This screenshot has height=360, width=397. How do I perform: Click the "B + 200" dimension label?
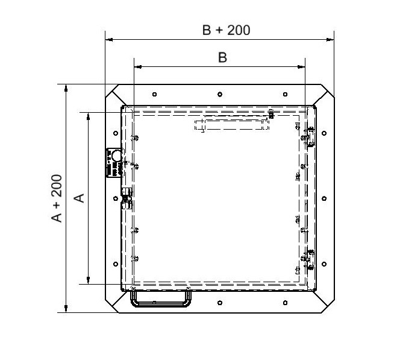pos(226,30)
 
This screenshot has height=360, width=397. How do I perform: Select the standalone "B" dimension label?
pos(222,57)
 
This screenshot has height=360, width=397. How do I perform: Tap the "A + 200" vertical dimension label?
pos(57,198)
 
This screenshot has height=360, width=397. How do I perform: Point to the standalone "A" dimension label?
pos(80,198)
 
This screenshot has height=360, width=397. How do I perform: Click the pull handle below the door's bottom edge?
pos(160,303)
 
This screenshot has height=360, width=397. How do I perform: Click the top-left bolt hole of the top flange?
pos(154,94)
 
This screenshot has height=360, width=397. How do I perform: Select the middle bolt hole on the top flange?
pos(220,94)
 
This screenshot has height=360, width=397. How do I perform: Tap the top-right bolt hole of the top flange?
pos(285,94)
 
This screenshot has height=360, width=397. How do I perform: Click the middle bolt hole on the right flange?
pos(324,198)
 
